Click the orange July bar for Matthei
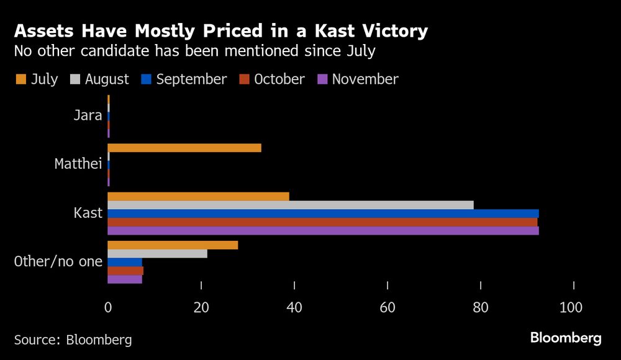[x=184, y=148]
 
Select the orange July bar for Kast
[x=198, y=196]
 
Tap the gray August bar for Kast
[x=291, y=205]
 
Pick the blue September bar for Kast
[x=323, y=214]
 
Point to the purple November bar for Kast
[x=323, y=231]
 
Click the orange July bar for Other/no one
[x=173, y=245]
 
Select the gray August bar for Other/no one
[x=157, y=253]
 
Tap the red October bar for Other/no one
[x=125, y=271]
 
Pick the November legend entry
[x=358, y=79]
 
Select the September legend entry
[x=184, y=79]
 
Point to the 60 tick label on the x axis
[x=388, y=307]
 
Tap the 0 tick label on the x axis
[x=108, y=307]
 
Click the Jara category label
[x=88, y=115]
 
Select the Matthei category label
[x=78, y=164]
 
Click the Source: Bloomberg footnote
[x=73, y=340]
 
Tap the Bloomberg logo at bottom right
[x=566, y=338]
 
